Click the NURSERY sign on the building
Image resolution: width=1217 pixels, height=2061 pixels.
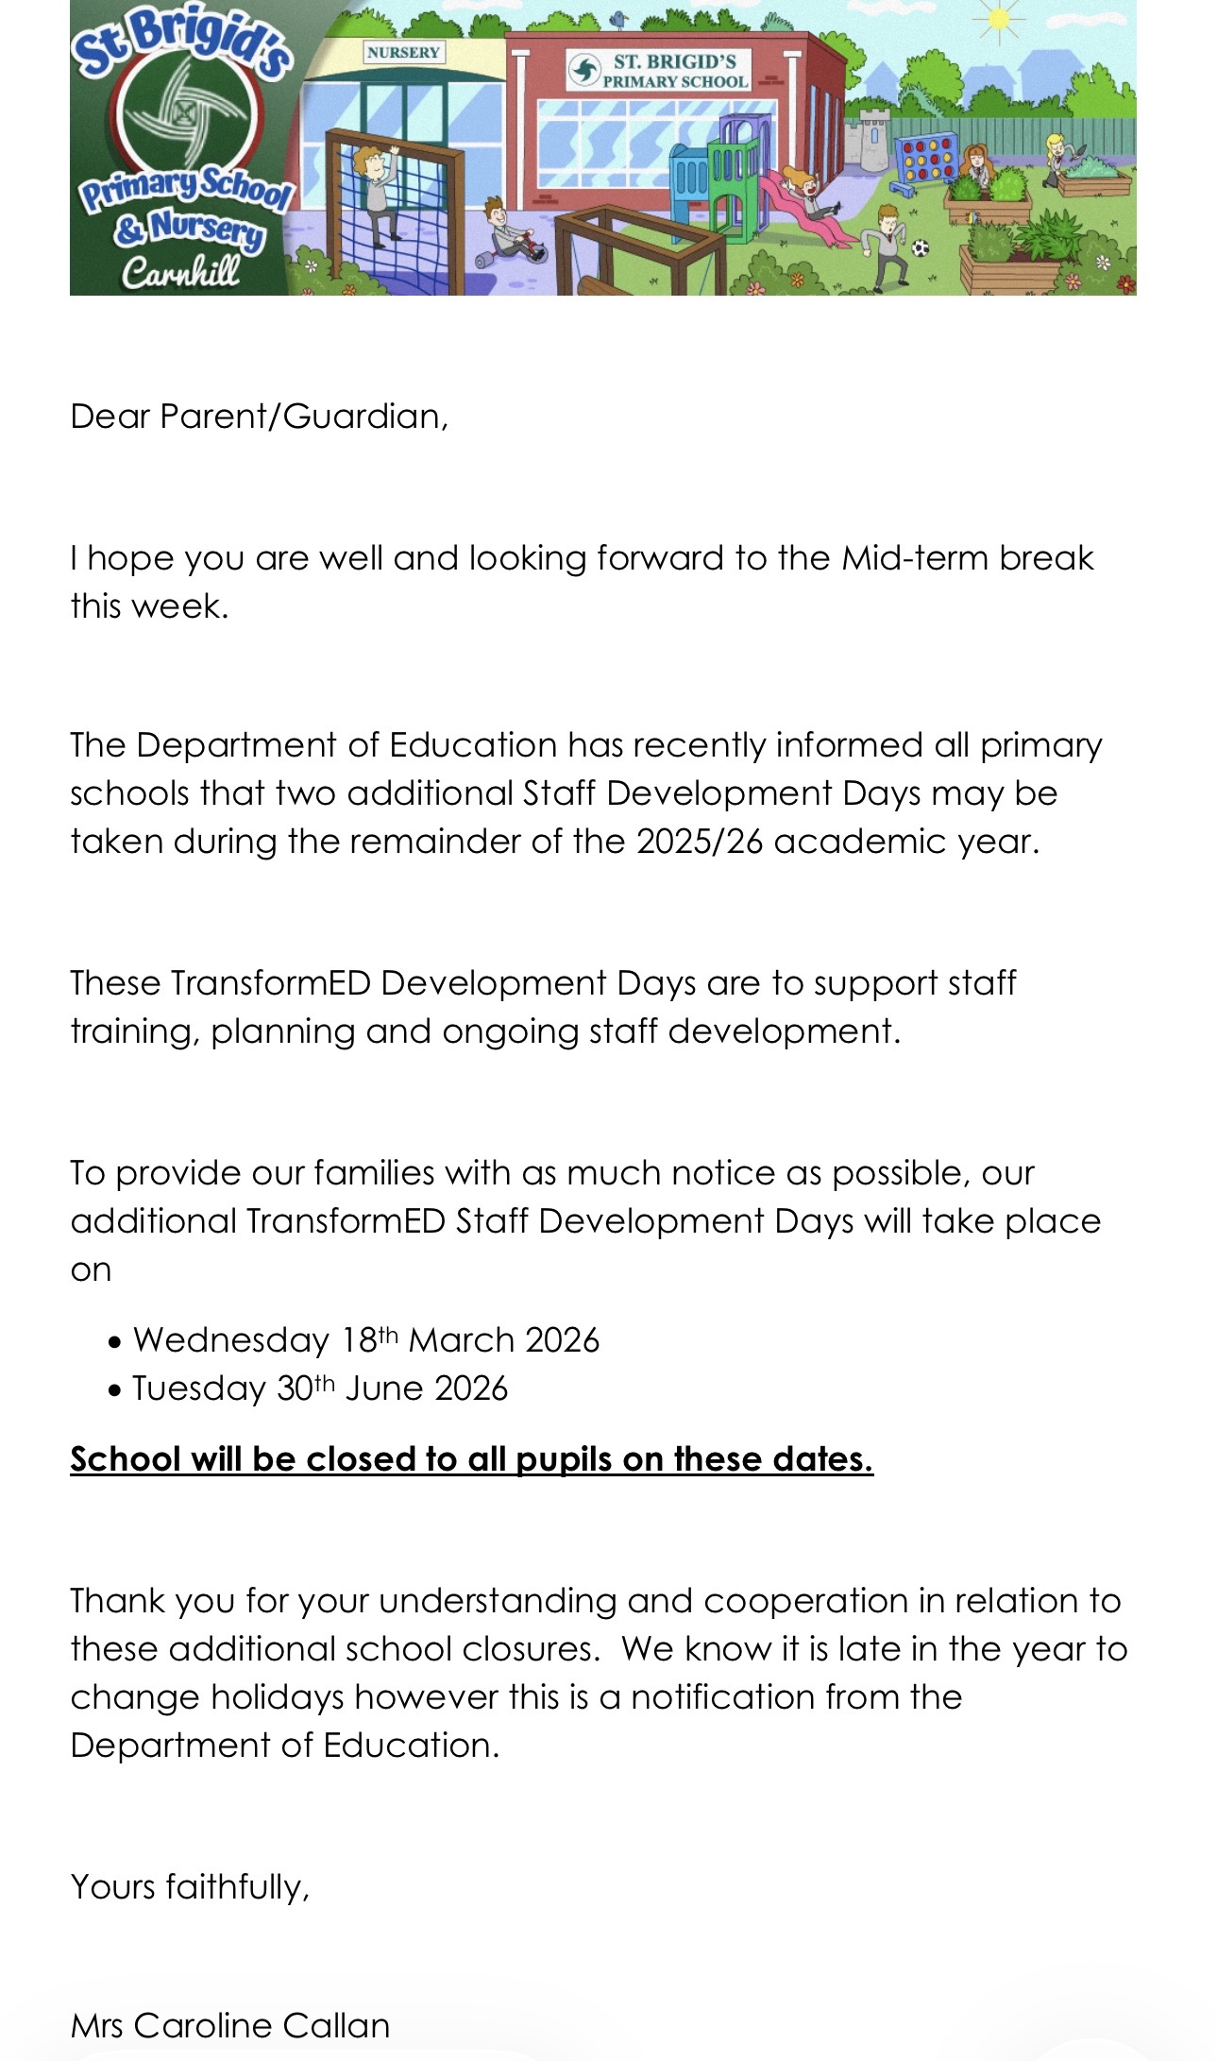coord(403,52)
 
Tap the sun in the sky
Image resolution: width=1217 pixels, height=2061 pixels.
coord(998,19)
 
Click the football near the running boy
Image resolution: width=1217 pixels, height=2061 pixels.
coord(921,248)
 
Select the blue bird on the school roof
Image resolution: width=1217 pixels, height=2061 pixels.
coord(619,18)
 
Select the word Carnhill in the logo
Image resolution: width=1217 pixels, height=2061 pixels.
coord(180,273)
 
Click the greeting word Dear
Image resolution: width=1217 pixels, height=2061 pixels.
coord(110,417)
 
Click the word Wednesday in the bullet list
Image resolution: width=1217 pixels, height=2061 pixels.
coord(230,1340)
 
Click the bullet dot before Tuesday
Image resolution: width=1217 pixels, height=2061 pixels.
coord(115,1390)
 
